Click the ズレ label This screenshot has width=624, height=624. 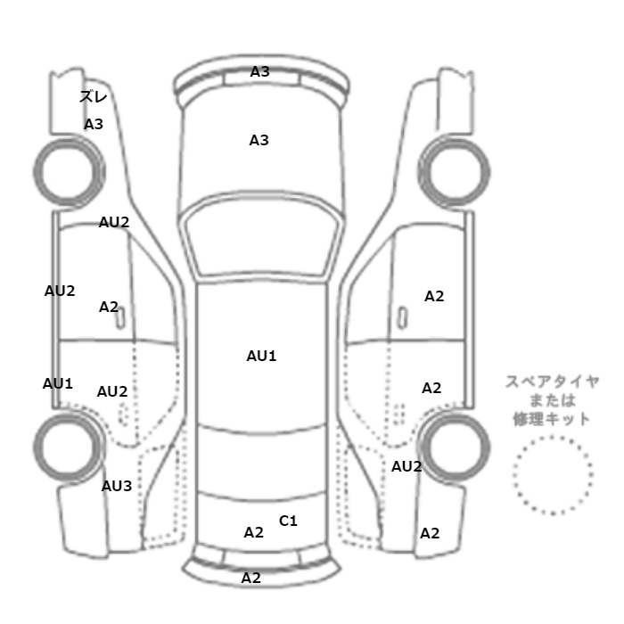tap(93, 97)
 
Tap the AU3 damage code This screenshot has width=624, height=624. tap(117, 486)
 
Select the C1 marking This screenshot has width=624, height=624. tap(288, 521)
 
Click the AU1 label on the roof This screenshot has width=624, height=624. tap(261, 356)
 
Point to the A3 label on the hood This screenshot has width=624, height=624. tap(259, 140)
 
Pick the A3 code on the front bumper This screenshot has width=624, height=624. tap(259, 71)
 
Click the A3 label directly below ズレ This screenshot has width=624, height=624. tap(94, 124)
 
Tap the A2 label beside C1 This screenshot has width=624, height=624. tap(254, 532)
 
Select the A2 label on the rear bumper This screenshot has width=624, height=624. tap(251, 578)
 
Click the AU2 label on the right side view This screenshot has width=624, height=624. tap(406, 466)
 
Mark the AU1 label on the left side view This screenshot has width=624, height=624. tap(58, 383)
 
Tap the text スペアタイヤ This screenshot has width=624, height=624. tap(553, 382)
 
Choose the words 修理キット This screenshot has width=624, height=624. tap(553, 418)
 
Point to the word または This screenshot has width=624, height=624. tap(553, 400)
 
